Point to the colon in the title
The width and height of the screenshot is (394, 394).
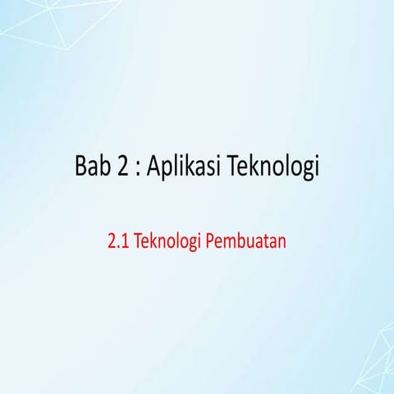click(x=140, y=170)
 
